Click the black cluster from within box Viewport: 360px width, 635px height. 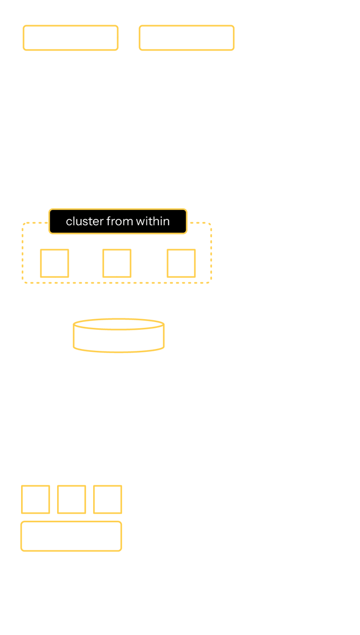point(118,221)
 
